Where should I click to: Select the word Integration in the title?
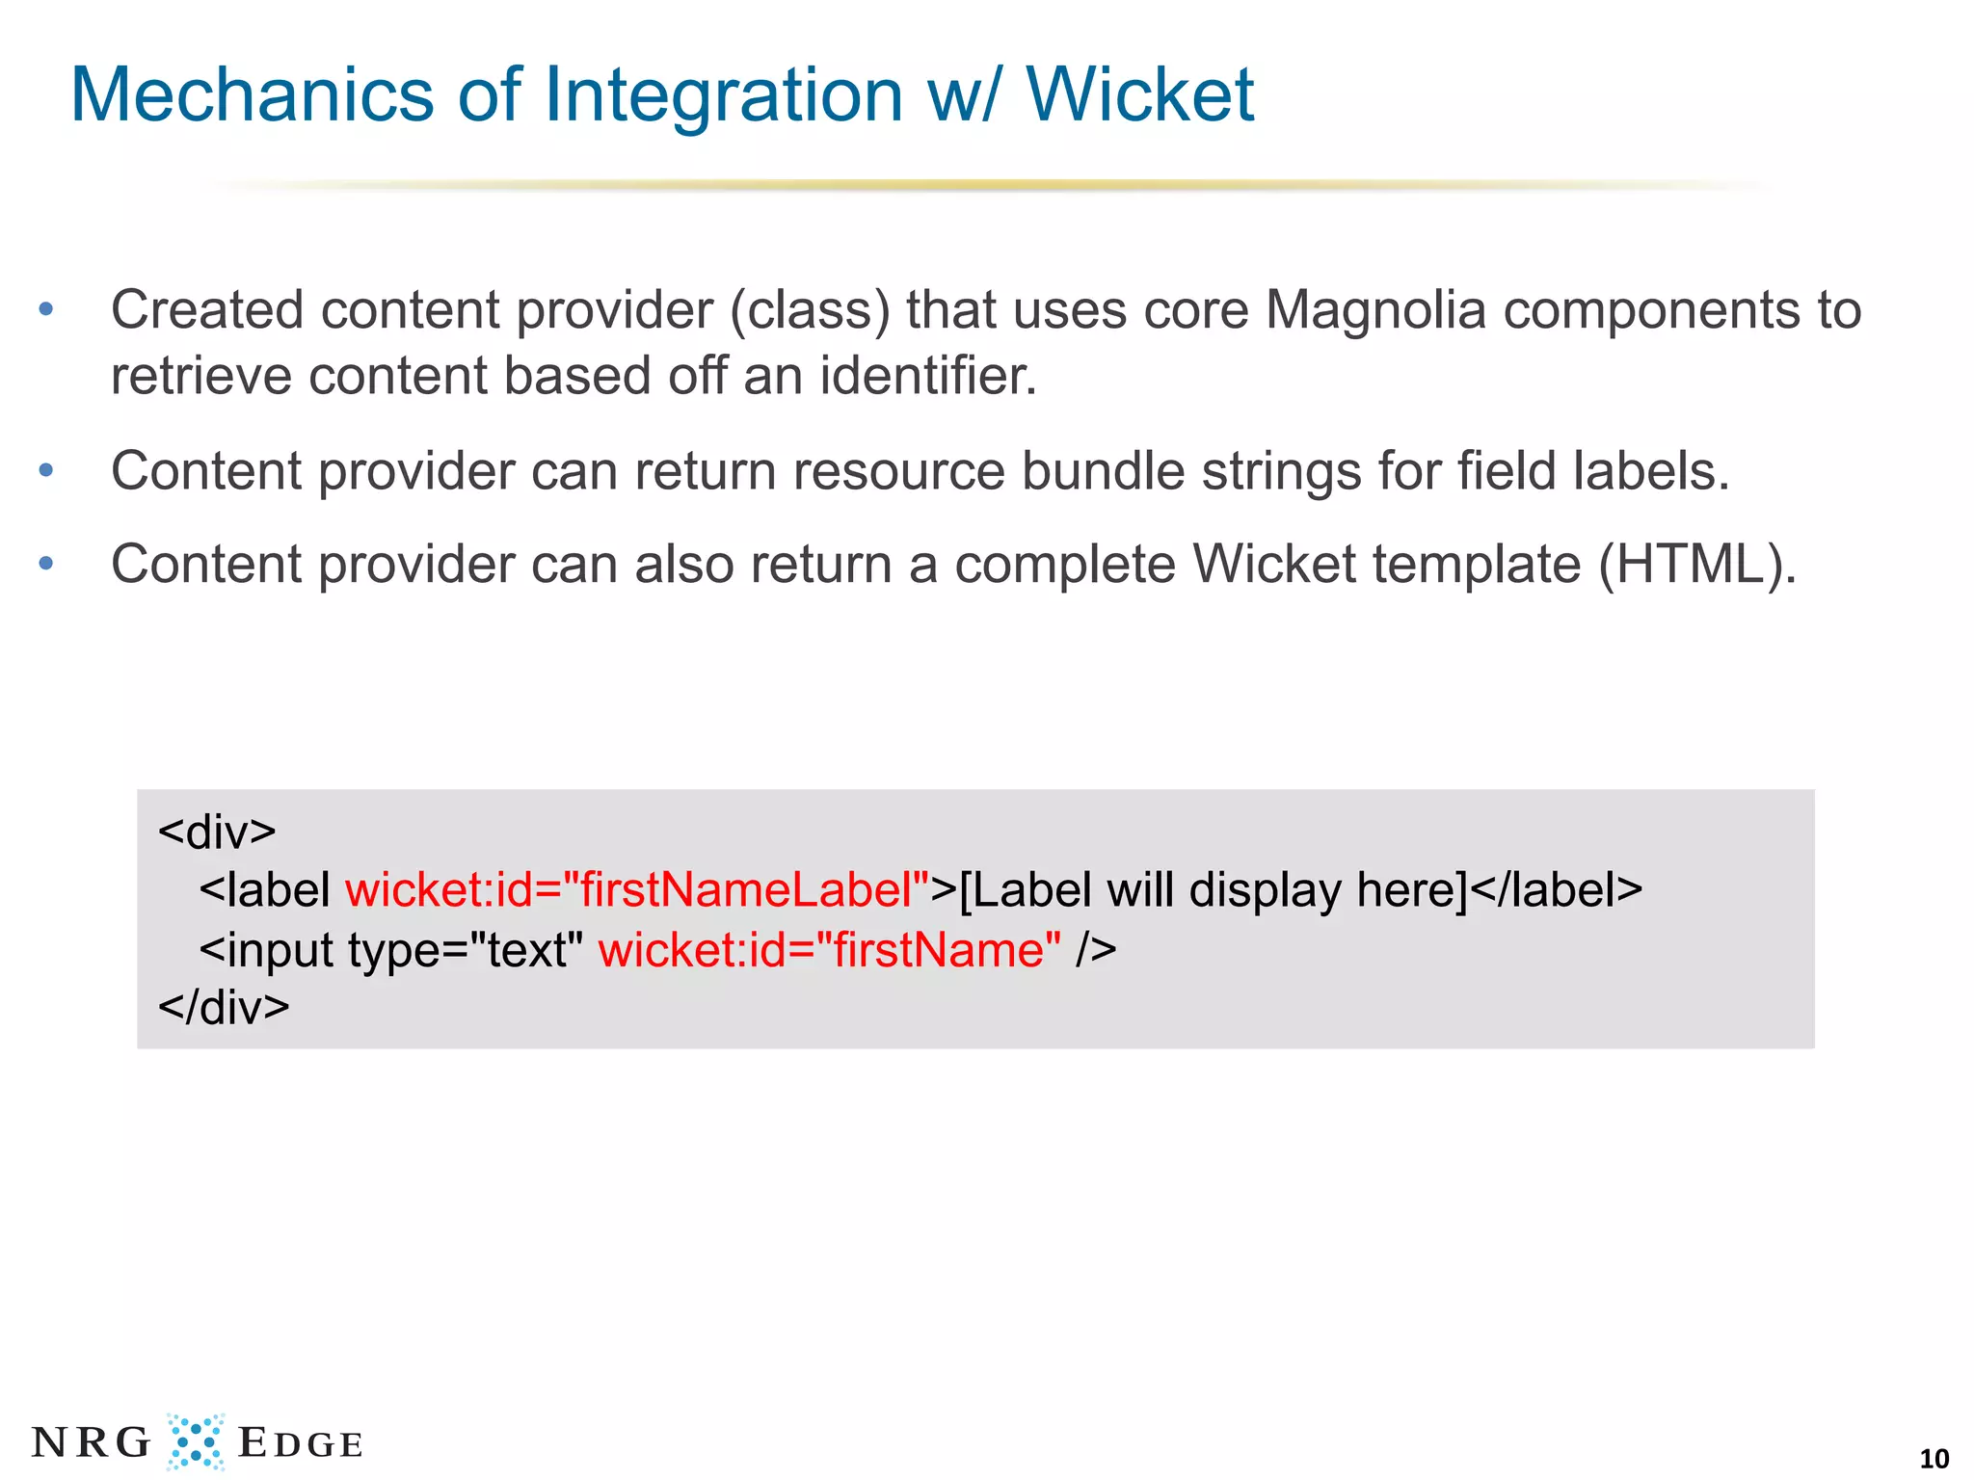pyautogui.click(x=723, y=96)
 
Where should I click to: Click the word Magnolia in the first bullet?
pyautogui.click(x=1375, y=310)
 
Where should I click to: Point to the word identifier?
pyautogui.click(x=927, y=375)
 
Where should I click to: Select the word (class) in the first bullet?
pyautogui.click(x=810, y=311)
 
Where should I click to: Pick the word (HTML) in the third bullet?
pyautogui.click(x=1696, y=565)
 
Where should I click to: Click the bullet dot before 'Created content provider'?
pyautogui.click(x=45, y=310)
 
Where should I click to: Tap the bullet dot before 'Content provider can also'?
pyautogui.click(x=45, y=564)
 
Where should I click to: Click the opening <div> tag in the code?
pyautogui.click(x=217, y=832)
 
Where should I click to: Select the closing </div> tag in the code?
pyautogui.click(x=224, y=1008)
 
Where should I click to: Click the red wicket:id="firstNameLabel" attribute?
pyautogui.click(x=637, y=889)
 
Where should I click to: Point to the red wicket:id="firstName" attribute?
pyautogui.click(x=829, y=950)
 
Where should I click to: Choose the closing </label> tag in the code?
pyautogui.click(x=1556, y=889)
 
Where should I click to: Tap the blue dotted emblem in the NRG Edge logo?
pyautogui.click(x=196, y=1441)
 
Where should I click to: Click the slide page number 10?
pyautogui.click(x=1934, y=1458)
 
